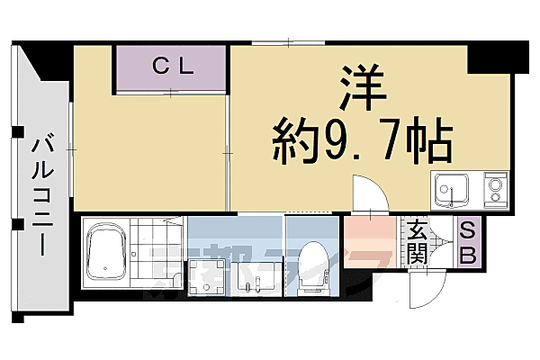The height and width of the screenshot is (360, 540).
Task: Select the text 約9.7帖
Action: pos(363,140)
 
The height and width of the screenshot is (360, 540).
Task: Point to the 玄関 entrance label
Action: pos(417,242)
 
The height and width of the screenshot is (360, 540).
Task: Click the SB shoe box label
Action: pos(469,243)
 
